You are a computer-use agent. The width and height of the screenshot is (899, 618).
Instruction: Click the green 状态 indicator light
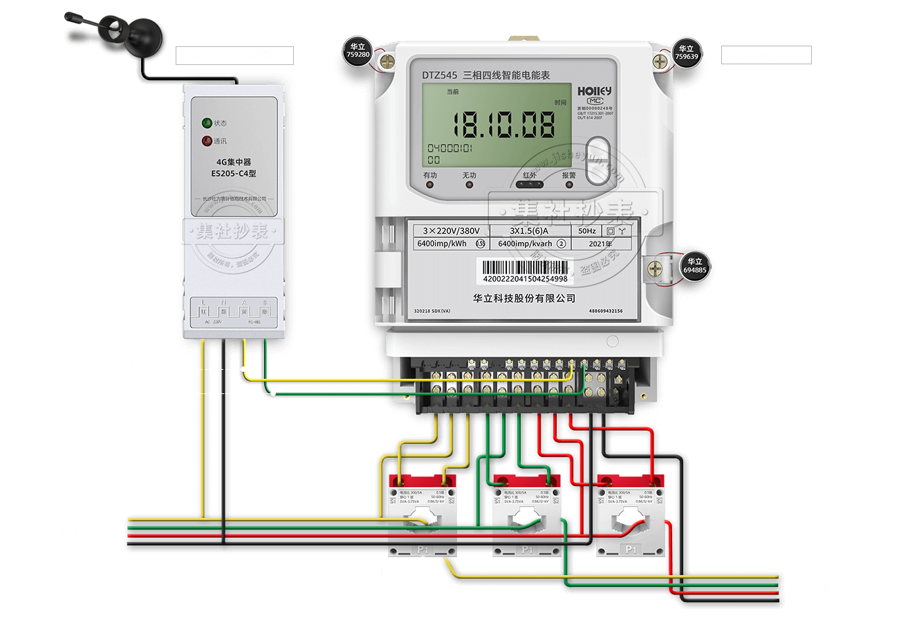[206, 123]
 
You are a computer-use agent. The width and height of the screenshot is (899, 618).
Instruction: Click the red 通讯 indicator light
[206, 142]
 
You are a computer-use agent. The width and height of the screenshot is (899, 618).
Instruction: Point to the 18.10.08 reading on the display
[504, 125]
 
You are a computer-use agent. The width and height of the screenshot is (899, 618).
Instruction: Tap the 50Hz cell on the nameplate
[586, 231]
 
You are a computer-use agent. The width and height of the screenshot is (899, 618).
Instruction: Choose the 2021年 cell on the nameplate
[599, 244]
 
